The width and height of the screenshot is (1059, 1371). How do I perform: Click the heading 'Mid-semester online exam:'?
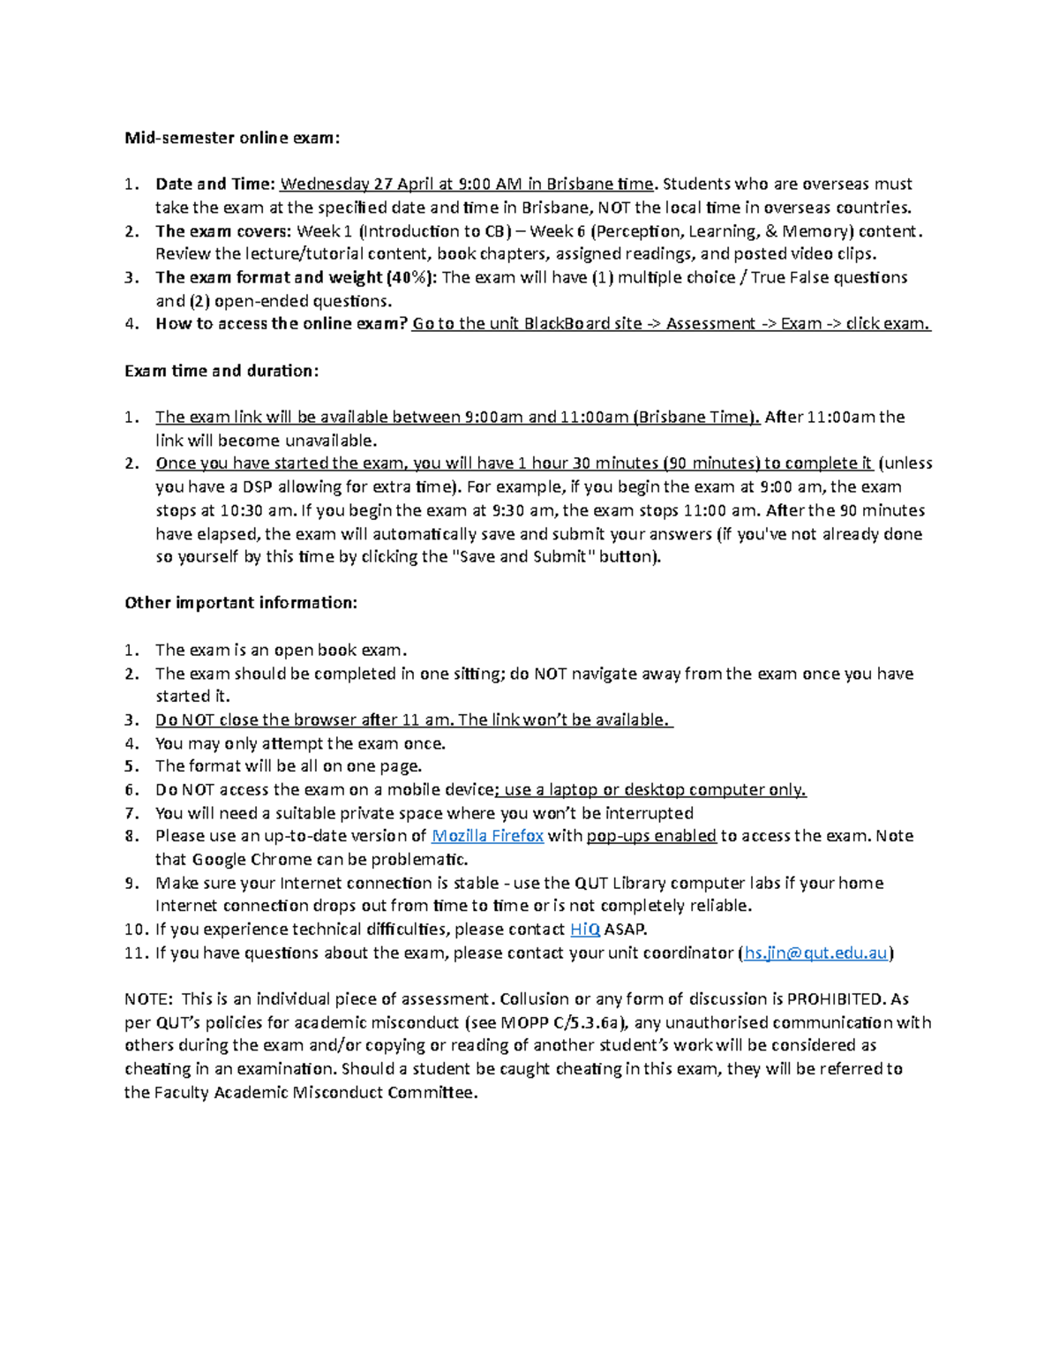point(231,138)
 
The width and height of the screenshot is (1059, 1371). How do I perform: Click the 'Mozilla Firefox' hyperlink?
point(486,836)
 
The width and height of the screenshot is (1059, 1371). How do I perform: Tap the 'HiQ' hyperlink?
point(585,930)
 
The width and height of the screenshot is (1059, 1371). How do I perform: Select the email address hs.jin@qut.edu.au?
point(815,953)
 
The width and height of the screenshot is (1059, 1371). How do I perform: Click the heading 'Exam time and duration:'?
point(222,371)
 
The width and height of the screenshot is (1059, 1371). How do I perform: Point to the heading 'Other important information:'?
point(241,603)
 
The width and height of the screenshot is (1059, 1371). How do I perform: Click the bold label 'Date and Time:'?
point(215,185)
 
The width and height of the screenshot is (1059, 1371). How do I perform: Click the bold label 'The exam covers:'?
point(223,231)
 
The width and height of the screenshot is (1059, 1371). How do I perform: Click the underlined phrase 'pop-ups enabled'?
point(651,836)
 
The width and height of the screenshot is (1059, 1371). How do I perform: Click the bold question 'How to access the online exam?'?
point(282,324)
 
